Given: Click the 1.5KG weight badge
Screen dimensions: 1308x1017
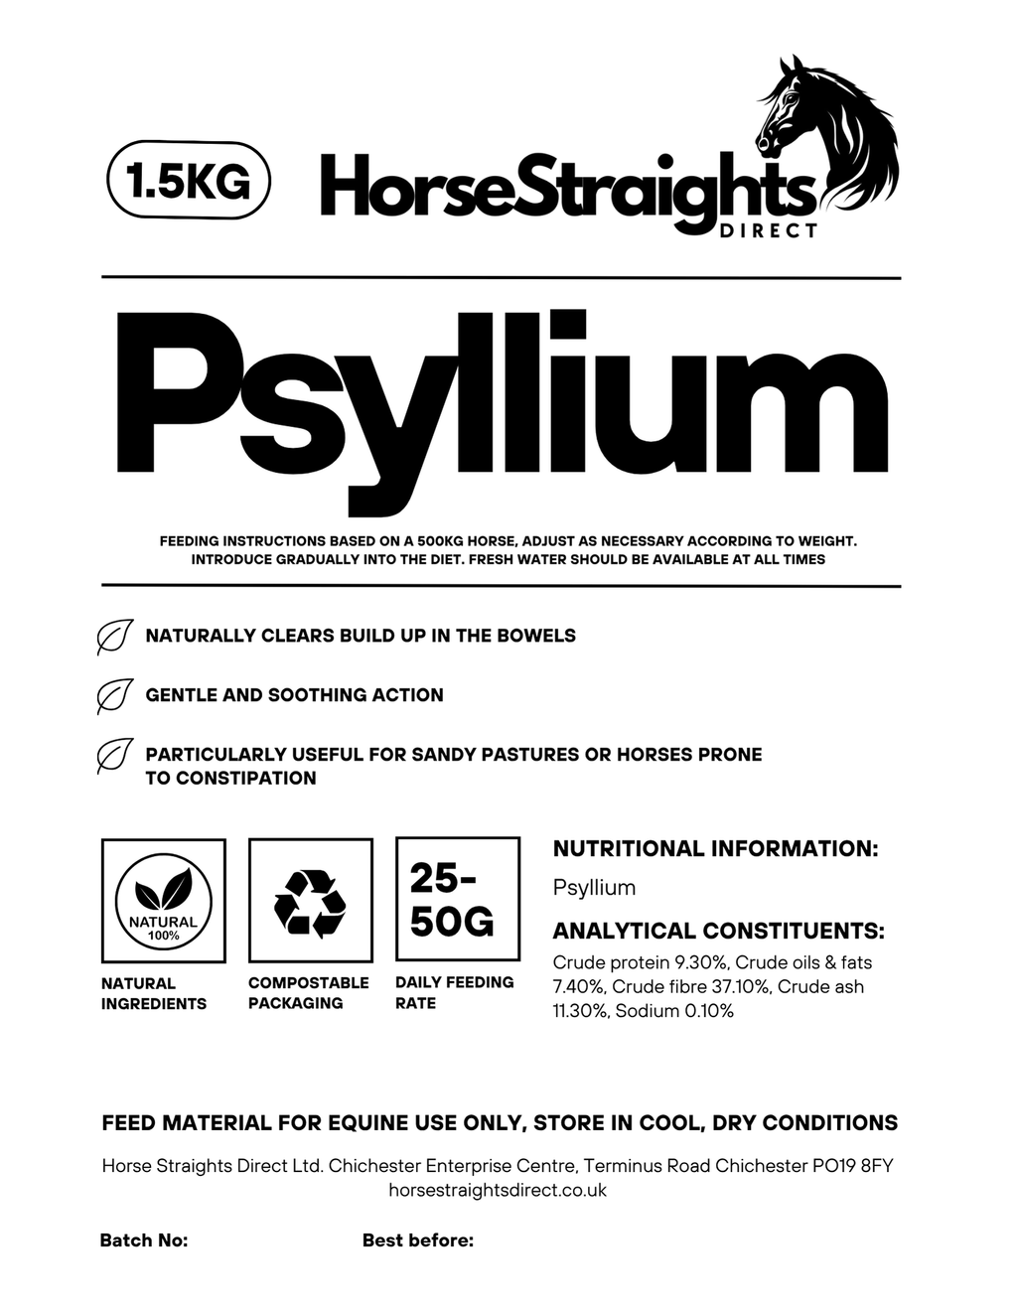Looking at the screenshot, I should coord(188,181).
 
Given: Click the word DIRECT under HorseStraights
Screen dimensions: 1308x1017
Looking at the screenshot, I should coord(769,230).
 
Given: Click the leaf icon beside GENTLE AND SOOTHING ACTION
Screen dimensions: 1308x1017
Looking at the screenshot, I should coord(114,696).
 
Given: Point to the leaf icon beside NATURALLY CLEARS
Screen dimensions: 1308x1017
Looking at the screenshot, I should coord(114,637).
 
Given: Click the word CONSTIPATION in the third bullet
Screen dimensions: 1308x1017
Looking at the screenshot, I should coord(230,778).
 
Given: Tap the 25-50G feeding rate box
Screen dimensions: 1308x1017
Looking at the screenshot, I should coord(457,900).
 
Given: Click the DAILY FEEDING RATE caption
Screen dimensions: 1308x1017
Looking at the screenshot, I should coord(454,992).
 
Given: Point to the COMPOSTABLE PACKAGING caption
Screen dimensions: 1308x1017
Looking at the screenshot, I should coord(308,992).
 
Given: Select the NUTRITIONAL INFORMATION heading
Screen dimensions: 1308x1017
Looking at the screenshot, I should coord(715,849).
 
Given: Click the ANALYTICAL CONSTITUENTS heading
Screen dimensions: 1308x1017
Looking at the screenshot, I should coord(718,932).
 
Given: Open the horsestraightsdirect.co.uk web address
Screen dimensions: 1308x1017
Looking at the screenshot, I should coord(498,1190).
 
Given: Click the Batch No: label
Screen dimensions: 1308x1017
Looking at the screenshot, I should coord(144,1240).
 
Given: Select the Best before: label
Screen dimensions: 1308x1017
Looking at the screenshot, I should coord(418,1240).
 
